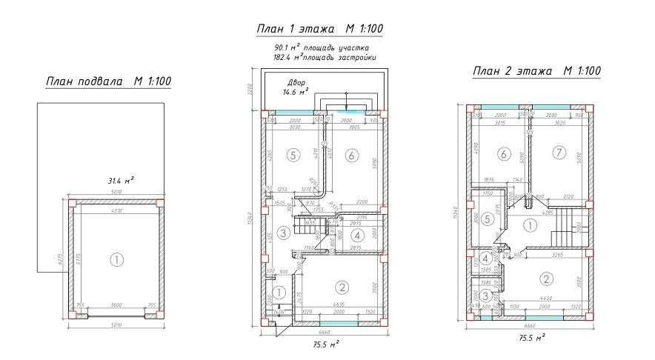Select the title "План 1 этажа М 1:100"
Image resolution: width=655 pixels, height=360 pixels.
319,30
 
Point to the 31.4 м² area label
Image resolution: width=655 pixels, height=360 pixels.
121,180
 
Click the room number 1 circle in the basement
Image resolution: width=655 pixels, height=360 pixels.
116,259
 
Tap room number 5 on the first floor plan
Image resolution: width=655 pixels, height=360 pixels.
293,156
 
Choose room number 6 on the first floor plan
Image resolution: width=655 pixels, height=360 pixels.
351,155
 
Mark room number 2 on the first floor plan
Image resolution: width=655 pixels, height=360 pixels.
342,288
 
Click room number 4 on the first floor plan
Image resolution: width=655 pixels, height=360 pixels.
356,236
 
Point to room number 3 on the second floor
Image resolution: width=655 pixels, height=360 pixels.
483,295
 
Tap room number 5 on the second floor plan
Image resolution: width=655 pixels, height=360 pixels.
485,219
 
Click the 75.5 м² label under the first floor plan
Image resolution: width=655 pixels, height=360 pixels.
324,344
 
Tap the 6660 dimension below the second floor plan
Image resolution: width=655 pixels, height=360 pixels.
529,326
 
